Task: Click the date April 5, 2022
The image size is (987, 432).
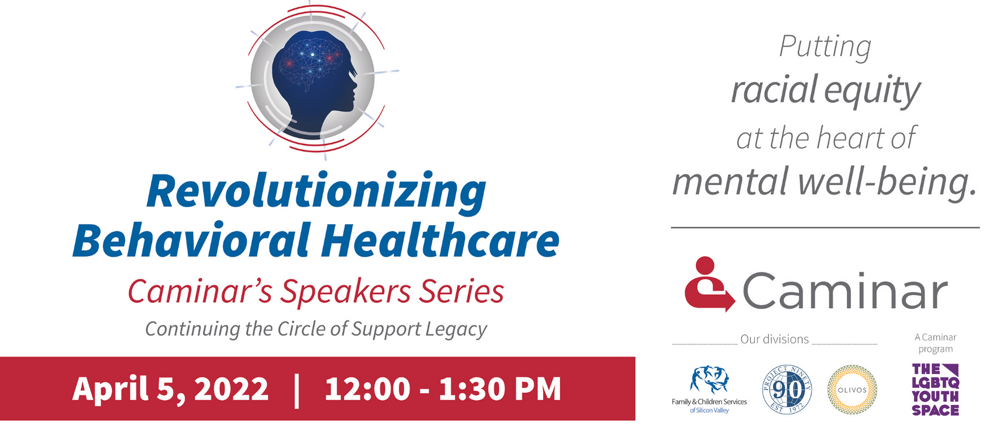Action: tap(171, 389)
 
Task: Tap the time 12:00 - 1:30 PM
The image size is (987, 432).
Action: tap(443, 389)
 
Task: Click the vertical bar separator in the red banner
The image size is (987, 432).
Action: tap(297, 390)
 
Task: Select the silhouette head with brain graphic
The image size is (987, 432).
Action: tap(314, 78)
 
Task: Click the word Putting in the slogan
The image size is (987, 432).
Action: tap(825, 47)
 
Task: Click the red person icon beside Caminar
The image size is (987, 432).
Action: tap(709, 284)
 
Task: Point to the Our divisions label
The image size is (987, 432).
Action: tap(774, 340)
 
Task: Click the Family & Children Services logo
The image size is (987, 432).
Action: tap(709, 389)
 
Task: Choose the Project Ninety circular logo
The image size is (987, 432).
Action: tap(786, 390)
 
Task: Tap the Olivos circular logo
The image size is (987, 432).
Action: tap(852, 390)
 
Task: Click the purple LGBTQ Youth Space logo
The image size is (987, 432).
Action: tap(935, 390)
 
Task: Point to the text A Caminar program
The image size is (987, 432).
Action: tap(935, 343)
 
